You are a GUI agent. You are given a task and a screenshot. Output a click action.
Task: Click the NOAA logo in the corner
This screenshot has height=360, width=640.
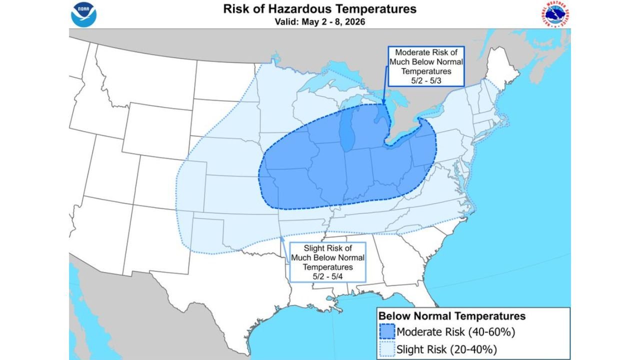83,14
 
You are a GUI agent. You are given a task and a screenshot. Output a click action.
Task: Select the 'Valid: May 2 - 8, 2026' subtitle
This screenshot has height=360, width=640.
319,22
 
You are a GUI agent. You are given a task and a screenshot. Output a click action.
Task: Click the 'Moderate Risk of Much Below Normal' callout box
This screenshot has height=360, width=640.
426,67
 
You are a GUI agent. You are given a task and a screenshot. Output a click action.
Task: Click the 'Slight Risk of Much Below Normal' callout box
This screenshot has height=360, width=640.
327,261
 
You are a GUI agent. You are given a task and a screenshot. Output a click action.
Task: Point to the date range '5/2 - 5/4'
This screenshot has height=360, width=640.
327,275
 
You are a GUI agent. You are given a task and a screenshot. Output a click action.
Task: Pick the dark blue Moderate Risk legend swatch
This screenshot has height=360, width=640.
387,332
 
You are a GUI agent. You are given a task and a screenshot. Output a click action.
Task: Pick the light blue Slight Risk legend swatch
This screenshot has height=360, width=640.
387,348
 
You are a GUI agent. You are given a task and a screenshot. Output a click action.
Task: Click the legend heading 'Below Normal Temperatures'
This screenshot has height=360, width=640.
451,316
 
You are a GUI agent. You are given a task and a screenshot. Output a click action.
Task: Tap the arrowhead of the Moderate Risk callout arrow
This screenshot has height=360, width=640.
383,104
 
